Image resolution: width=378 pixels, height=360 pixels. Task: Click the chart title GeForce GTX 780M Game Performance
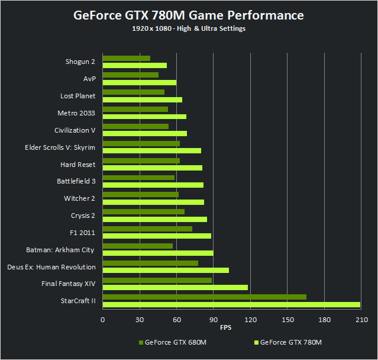click(x=189, y=15)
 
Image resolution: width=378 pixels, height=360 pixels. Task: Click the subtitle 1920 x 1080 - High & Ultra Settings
click(x=189, y=29)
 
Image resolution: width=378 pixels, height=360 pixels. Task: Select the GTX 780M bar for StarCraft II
click(x=231, y=305)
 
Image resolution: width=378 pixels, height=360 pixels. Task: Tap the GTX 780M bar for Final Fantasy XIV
click(x=175, y=288)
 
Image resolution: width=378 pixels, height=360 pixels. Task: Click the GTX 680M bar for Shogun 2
click(x=127, y=58)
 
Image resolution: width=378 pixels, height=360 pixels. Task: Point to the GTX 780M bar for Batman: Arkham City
click(x=158, y=253)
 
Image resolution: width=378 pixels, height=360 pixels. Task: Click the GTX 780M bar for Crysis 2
click(x=155, y=219)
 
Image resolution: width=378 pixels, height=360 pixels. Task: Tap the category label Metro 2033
click(x=76, y=113)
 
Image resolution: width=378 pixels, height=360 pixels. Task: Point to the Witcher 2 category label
click(x=79, y=198)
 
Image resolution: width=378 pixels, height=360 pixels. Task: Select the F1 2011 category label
click(x=82, y=233)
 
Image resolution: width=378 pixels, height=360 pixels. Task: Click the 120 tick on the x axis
click(x=250, y=320)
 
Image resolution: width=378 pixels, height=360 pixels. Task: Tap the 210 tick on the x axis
click(x=360, y=320)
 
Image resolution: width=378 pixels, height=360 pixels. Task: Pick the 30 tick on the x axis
click(x=140, y=320)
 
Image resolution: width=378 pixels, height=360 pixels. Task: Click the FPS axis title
click(x=226, y=328)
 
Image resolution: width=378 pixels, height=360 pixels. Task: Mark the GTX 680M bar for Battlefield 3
click(x=139, y=178)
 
